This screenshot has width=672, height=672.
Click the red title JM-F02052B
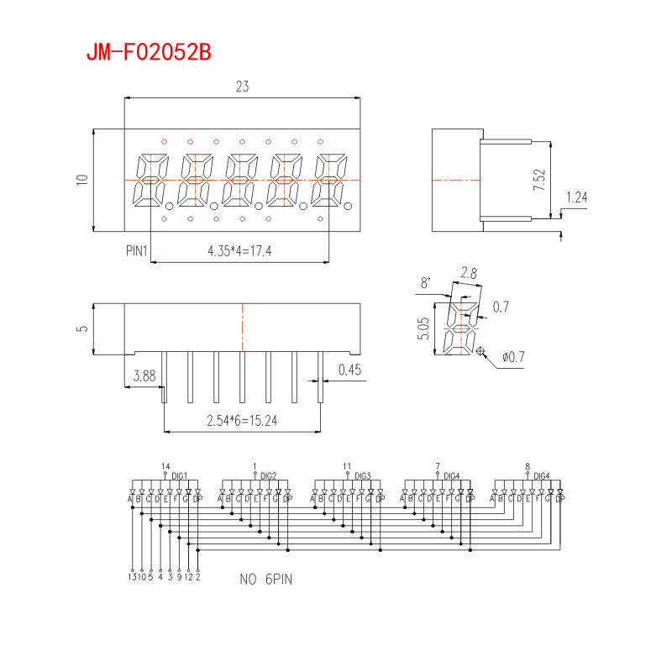[x=148, y=52]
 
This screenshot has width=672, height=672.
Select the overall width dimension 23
[x=242, y=87]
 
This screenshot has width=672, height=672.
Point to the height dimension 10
[x=81, y=180]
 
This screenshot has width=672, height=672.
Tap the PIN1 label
[x=136, y=250]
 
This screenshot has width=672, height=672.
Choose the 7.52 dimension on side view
[x=539, y=180]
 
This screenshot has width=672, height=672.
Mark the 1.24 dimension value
[x=576, y=197]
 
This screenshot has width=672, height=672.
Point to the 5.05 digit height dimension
[x=424, y=328]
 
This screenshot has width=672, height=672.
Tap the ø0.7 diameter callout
[x=512, y=358]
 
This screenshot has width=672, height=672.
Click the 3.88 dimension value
[x=144, y=377]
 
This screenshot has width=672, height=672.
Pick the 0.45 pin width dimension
[x=349, y=370]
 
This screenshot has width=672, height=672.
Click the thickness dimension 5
[x=81, y=328]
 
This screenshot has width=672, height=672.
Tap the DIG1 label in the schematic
[x=179, y=475]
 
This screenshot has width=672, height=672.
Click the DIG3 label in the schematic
[x=363, y=475]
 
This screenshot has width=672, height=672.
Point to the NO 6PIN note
[x=266, y=579]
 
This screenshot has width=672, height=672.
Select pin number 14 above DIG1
[x=165, y=466]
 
